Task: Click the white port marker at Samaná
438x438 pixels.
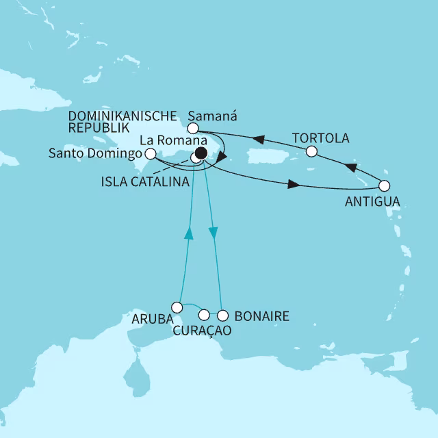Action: click(193, 129)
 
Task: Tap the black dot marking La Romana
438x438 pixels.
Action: click(201, 153)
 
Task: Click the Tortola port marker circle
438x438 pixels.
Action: click(311, 151)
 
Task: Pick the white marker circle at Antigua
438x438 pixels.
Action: click(384, 185)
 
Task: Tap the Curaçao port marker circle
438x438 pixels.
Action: click(203, 315)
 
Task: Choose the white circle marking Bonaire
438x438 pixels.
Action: click(222, 315)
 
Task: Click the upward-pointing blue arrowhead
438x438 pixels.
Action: click(189, 235)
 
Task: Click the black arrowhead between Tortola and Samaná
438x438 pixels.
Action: click(259, 140)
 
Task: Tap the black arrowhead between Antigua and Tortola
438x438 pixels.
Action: click(350, 167)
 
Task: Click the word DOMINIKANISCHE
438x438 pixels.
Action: click(129, 115)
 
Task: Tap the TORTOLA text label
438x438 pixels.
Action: click(320, 138)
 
